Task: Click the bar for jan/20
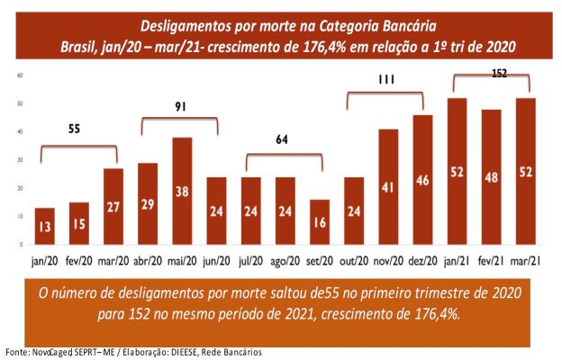click(x=45, y=225)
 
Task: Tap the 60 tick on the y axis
click(x=20, y=75)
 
